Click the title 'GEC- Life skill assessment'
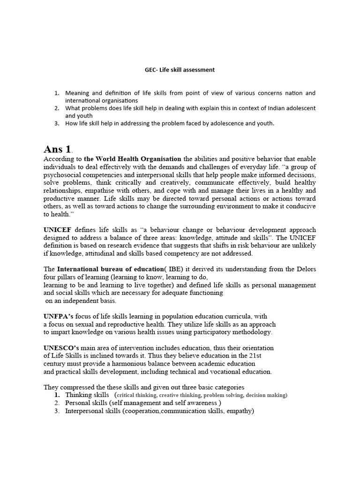pyautogui.click(x=180, y=70)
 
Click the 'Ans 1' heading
pyautogui.click(x=58, y=150)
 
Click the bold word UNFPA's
pyautogui.click(x=58, y=316)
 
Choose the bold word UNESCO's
pyautogui.click(x=60, y=348)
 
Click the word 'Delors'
pyautogui.click(x=305, y=269)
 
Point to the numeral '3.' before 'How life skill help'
pyautogui.click(x=57, y=124)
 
